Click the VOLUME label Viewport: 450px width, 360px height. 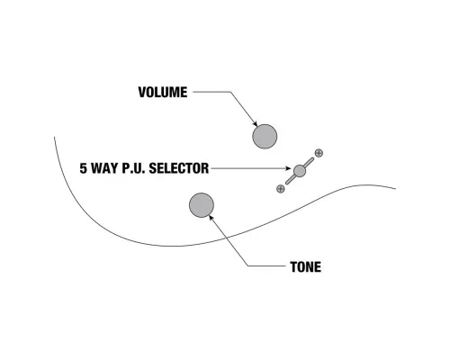click(x=163, y=92)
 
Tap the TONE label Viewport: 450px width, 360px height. click(x=306, y=266)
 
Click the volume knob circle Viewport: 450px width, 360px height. click(x=265, y=137)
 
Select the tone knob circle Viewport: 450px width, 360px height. click(x=202, y=205)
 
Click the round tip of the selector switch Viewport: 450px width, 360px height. click(x=300, y=171)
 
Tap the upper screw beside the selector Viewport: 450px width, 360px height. click(x=319, y=153)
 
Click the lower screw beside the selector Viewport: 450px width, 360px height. click(x=281, y=189)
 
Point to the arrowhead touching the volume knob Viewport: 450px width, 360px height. click(x=256, y=124)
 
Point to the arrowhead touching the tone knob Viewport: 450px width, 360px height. click(x=211, y=217)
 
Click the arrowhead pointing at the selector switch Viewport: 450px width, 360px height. click(x=289, y=168)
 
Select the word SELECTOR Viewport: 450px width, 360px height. click(x=179, y=168)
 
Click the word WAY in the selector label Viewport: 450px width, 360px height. click(x=105, y=168)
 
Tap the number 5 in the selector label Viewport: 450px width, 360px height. click(x=83, y=168)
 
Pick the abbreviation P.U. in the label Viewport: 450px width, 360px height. click(x=134, y=168)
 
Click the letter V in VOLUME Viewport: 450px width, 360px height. click(x=142, y=92)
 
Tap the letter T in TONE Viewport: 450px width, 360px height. click(x=294, y=266)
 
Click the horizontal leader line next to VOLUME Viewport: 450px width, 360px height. click(x=211, y=92)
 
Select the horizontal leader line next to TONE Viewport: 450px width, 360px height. click(x=267, y=265)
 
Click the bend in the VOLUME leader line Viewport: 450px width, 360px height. click(x=230, y=92)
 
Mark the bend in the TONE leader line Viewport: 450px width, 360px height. click(x=248, y=265)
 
